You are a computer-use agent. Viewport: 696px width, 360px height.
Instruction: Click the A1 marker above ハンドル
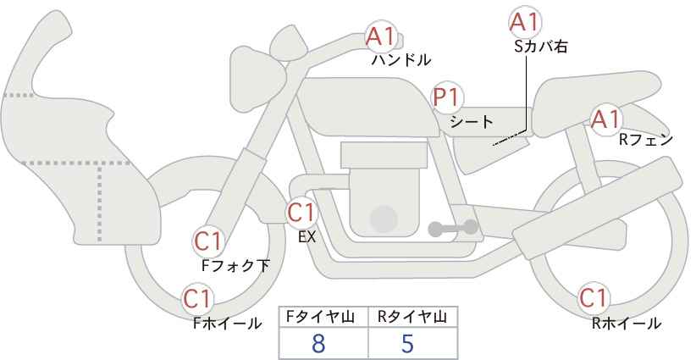coord(380,37)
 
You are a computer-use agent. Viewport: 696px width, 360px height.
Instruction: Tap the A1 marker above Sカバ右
coord(524,22)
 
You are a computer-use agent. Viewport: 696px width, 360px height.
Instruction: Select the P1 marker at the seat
coord(447,97)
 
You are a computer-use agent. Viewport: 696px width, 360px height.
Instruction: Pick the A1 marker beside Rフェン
coord(605,119)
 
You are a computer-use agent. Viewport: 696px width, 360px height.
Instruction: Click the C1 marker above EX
coord(301,213)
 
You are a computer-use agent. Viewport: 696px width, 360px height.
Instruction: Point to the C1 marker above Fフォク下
coord(208,241)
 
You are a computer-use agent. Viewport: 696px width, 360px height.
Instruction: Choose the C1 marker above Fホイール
coord(197,299)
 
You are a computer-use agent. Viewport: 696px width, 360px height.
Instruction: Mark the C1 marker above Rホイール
coord(593,298)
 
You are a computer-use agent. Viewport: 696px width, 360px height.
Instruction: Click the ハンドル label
coord(401,60)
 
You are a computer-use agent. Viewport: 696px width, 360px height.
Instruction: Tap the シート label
coord(472,122)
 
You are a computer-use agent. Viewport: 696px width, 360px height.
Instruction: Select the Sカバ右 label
coord(541,47)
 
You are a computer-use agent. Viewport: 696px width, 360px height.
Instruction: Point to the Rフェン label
coord(646,141)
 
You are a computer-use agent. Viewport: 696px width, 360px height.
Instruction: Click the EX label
coord(307,237)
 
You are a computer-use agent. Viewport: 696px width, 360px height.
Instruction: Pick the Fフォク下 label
coord(235,265)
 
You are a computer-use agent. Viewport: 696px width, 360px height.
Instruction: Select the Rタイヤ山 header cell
coord(413,317)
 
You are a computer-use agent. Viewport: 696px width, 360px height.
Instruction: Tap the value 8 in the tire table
coord(318,344)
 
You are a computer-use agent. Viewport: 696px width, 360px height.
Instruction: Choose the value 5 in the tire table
coord(407,344)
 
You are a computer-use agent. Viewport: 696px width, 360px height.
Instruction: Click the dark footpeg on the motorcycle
coord(453,228)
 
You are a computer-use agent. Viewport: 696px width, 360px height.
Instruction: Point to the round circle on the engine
coord(384,219)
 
